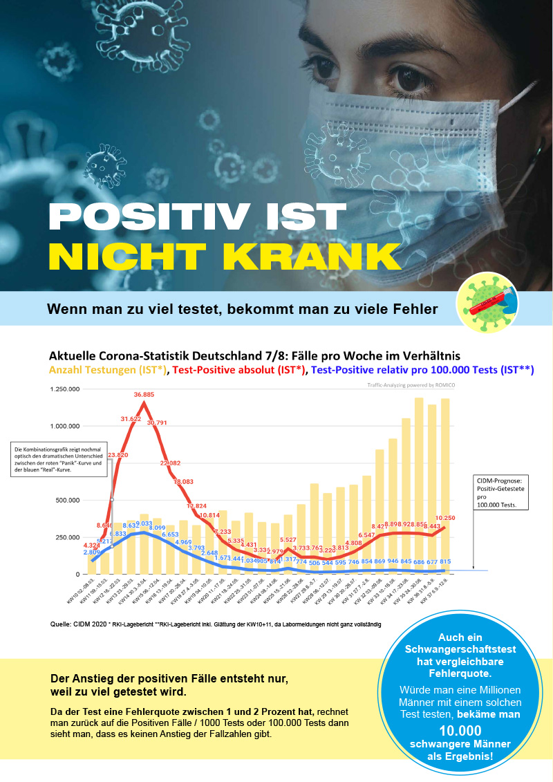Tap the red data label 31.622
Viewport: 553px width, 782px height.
point(131,419)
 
